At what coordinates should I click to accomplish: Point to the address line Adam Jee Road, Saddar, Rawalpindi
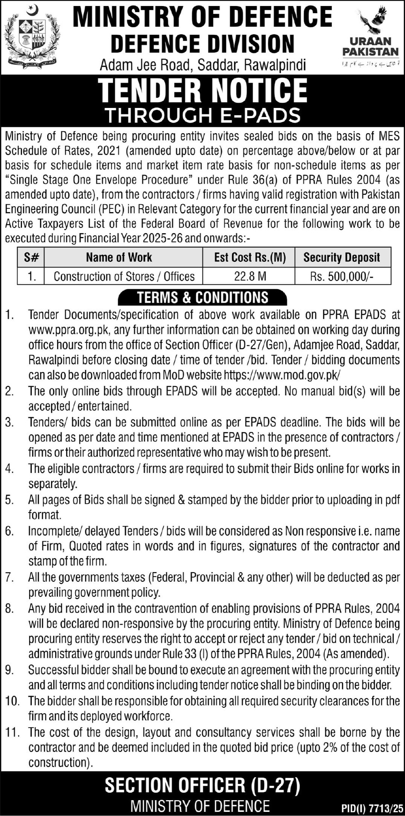[x=203, y=65]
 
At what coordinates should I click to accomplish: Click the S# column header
[x=31, y=257]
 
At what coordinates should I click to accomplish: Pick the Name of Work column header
[x=119, y=257]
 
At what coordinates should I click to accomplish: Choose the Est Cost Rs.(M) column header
[x=249, y=257]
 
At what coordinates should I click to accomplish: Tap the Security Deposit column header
[x=342, y=257]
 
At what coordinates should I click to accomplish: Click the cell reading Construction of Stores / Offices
[x=124, y=276]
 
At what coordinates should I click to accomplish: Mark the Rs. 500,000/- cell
[x=342, y=276]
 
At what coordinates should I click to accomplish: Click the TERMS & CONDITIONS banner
[x=203, y=297]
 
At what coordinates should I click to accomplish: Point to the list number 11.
[x=12, y=733]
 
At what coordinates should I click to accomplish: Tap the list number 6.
[x=10, y=531]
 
